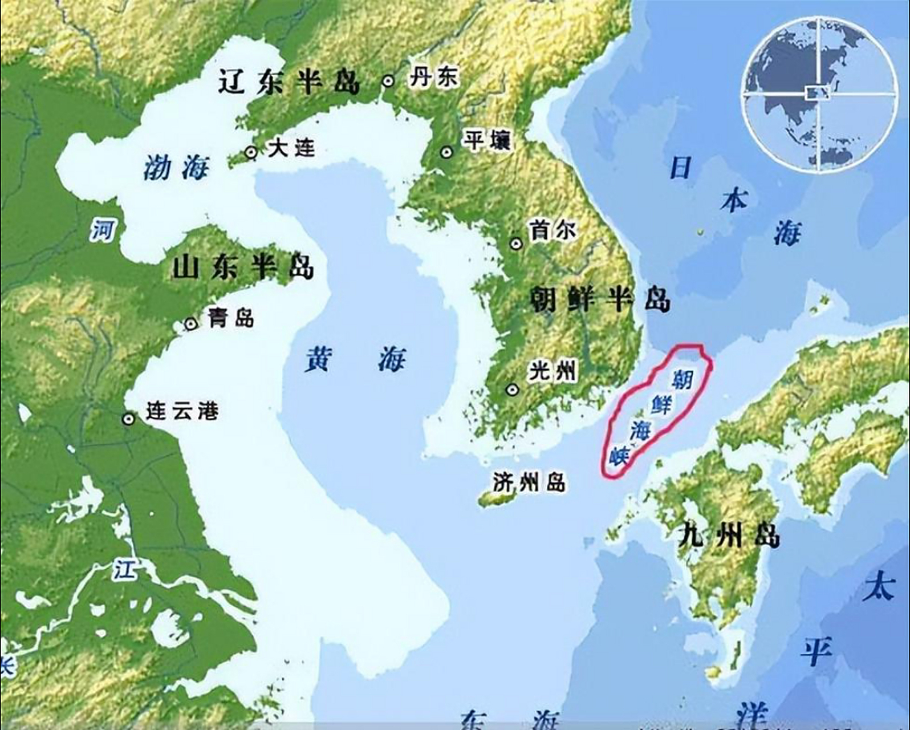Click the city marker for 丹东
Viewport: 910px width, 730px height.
click(x=389, y=81)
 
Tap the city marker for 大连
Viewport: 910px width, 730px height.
click(x=250, y=152)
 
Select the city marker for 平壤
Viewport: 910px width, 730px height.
click(x=446, y=152)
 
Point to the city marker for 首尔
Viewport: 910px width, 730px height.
click(x=516, y=244)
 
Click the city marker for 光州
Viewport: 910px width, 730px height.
click(x=513, y=390)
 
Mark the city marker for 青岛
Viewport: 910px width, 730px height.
click(x=191, y=324)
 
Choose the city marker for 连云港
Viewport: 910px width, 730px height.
click(x=129, y=419)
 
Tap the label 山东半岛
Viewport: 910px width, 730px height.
click(x=243, y=267)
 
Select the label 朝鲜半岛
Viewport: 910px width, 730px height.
click(x=600, y=299)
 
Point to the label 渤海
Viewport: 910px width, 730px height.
click(x=176, y=168)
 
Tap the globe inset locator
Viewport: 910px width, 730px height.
click(x=818, y=93)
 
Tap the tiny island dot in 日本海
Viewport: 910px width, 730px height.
click(x=699, y=232)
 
